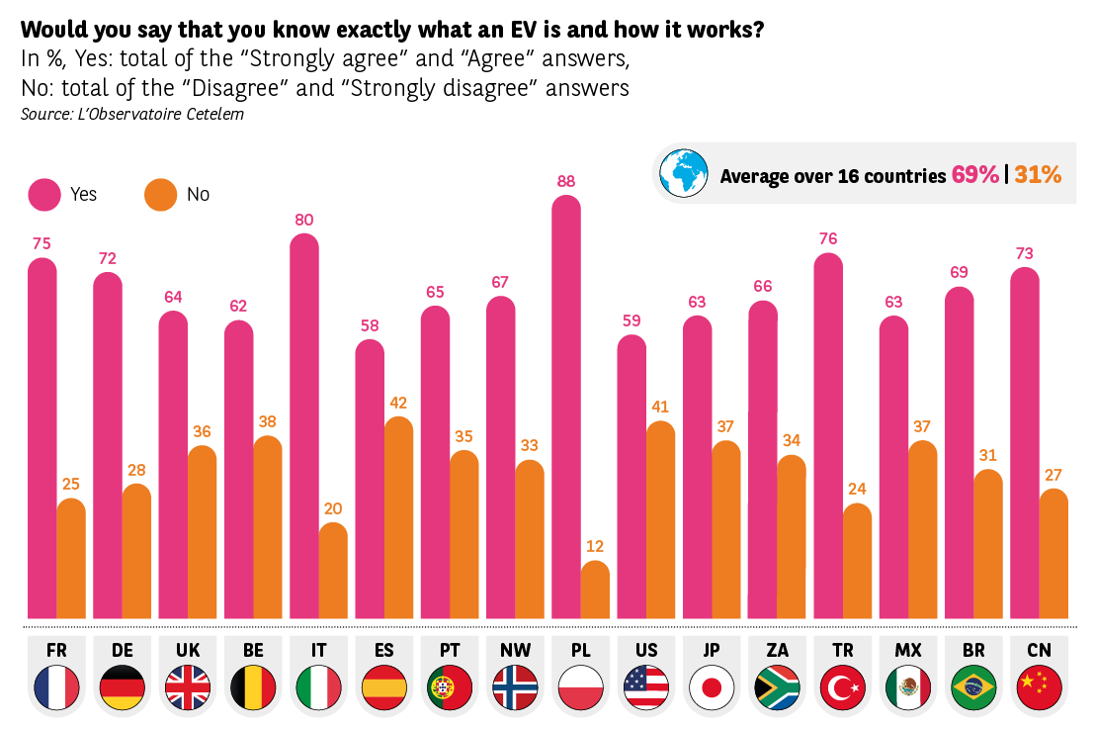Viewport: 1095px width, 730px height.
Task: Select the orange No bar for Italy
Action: pos(334,571)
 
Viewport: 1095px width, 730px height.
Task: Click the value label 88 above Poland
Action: pos(565,181)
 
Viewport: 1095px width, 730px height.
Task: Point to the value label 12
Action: pos(595,545)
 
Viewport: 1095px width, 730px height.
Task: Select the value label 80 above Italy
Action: pos(304,220)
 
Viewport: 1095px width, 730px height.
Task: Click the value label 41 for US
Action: pos(660,407)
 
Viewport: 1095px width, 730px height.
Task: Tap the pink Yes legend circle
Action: pos(43,194)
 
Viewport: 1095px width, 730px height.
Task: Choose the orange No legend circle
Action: pos(160,194)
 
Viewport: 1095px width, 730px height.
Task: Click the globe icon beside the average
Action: pos(684,174)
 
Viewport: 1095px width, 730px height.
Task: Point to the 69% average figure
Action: pos(975,175)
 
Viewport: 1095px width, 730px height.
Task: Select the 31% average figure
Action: pos(1038,175)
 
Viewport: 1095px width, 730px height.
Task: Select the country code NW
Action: pos(514,650)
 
